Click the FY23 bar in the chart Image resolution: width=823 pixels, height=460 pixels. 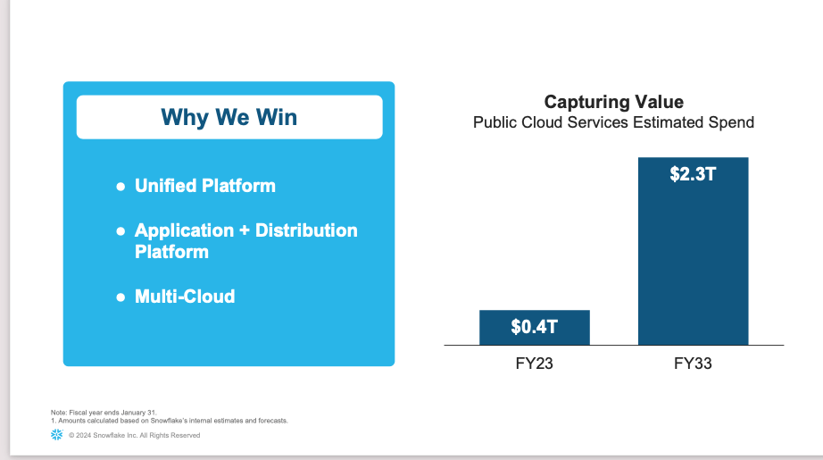point(535,328)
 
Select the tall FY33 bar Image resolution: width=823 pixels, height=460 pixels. point(694,251)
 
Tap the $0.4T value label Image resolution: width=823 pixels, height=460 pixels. point(535,327)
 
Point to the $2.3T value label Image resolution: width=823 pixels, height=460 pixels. point(693,174)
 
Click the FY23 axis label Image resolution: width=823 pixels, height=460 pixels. point(535,364)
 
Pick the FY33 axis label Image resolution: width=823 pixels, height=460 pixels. point(693,364)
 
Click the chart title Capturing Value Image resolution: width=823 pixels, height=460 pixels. point(613,102)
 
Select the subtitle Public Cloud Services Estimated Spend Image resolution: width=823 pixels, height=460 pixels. point(613,122)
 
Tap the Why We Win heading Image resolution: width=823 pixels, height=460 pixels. point(229,118)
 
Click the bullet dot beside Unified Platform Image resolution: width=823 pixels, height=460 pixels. point(121,187)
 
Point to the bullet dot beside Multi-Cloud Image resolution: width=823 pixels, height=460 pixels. point(121,297)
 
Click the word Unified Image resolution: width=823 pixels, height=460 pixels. point(166,186)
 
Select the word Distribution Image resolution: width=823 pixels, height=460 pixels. point(306,230)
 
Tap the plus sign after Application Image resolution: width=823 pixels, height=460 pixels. point(244,231)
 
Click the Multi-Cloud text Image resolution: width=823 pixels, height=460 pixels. point(185,297)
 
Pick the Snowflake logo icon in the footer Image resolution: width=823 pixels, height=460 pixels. point(57,435)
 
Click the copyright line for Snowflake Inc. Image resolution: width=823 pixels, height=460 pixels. point(135,435)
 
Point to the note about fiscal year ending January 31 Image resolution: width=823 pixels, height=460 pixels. point(104,413)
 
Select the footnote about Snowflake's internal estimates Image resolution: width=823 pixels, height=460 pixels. point(169,421)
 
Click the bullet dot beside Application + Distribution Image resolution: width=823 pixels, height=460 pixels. point(121,231)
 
